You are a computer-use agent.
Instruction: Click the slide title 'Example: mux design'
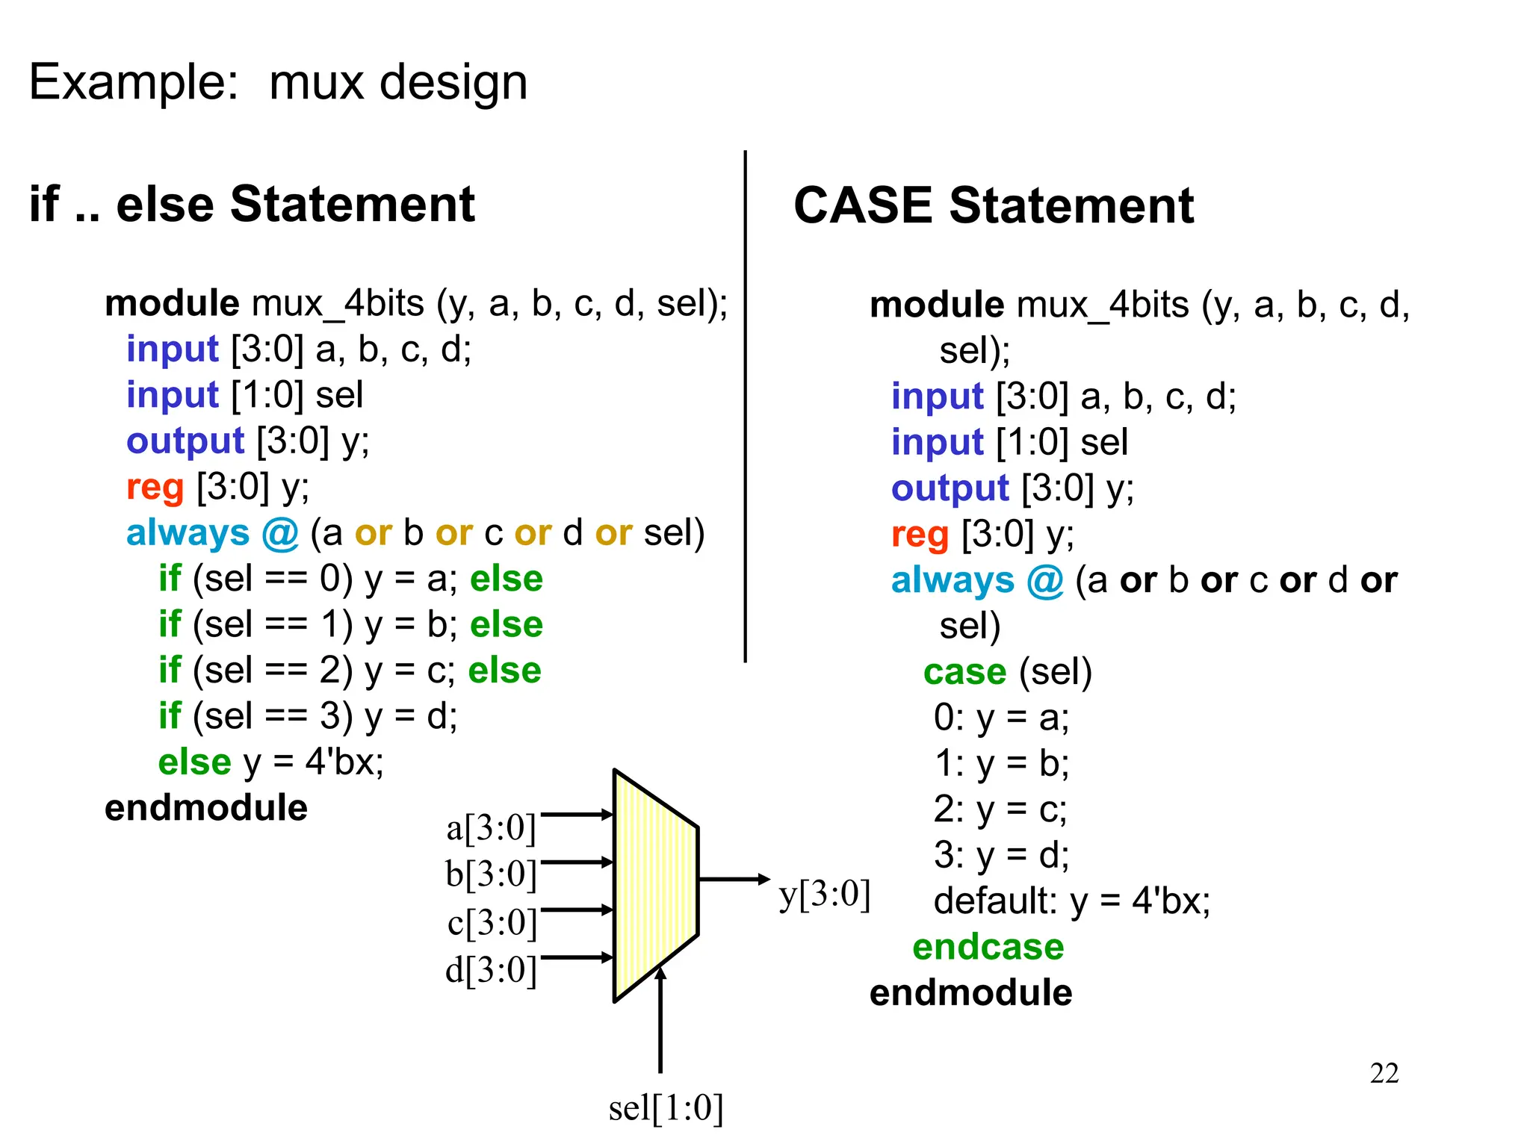(278, 82)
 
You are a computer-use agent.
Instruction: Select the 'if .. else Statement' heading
(252, 205)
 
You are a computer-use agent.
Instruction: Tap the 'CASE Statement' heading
(993, 206)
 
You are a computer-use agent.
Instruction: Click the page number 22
(1384, 1073)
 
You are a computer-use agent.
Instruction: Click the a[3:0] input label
(491, 828)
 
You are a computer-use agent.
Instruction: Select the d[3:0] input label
(491, 970)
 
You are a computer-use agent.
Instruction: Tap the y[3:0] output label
(824, 895)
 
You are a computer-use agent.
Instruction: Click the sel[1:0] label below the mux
(666, 1108)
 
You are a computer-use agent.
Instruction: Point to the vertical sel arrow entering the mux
(660, 1023)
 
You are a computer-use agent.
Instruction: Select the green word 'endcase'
(988, 948)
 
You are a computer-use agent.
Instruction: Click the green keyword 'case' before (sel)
(964, 672)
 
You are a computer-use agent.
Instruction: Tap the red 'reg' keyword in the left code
(155, 488)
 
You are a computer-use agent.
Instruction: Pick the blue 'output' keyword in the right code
(950, 489)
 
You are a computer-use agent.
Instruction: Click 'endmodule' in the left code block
(205, 808)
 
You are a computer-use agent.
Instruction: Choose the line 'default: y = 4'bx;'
(1071, 901)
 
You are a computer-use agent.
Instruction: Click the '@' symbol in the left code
(280, 534)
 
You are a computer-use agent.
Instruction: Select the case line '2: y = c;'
(1000, 809)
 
